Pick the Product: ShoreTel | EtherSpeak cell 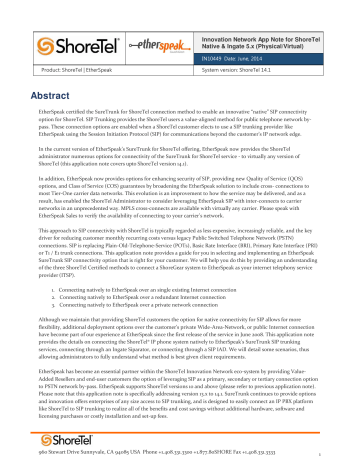[65, 48]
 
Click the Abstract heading [39, 68]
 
